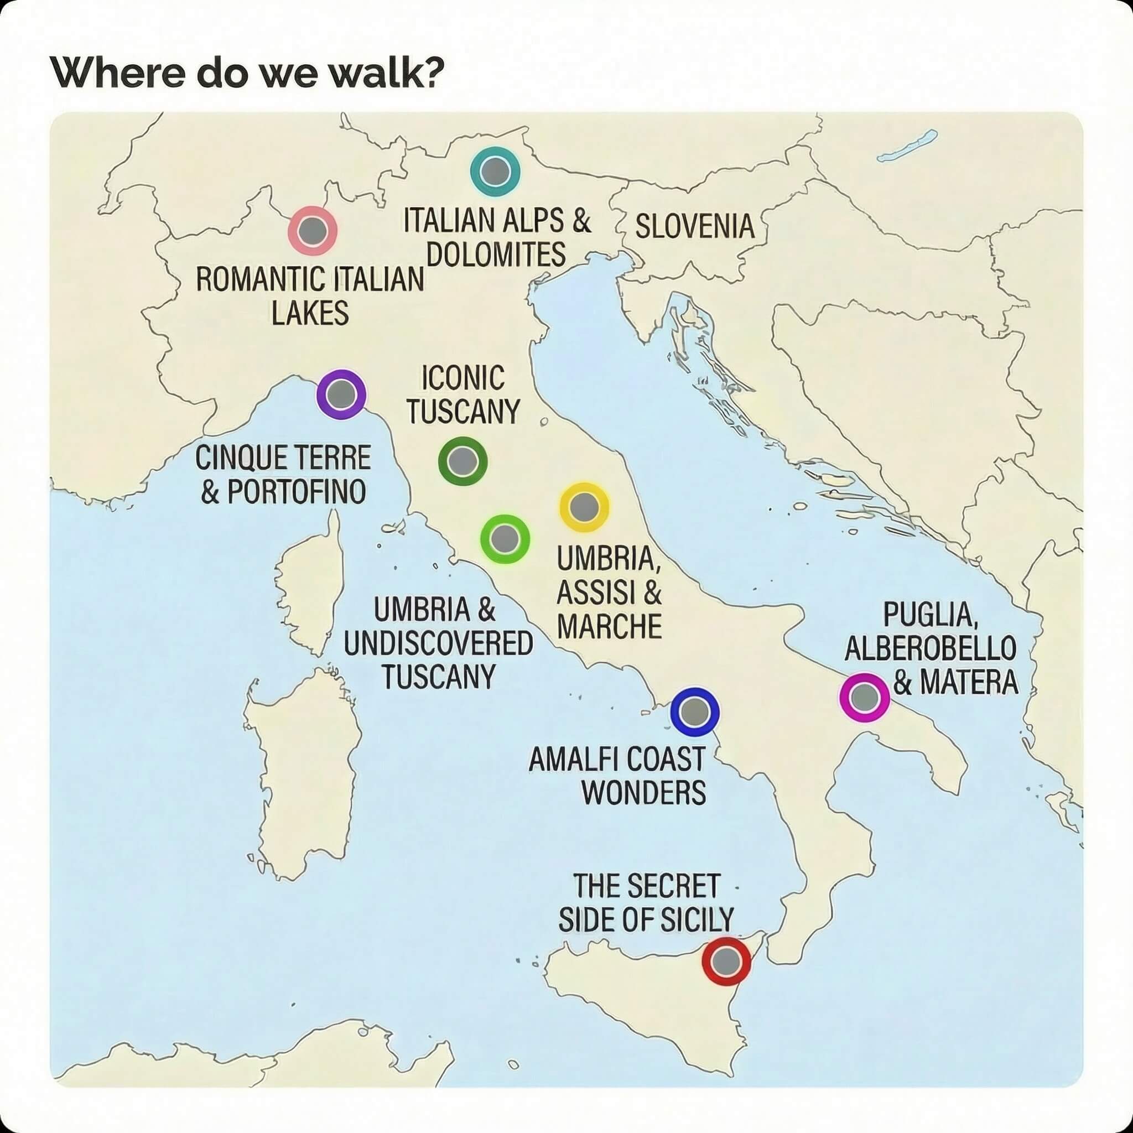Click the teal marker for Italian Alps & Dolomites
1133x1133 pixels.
coord(495,171)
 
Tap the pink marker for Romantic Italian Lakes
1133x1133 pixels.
coord(313,231)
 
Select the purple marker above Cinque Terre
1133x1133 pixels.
coord(341,394)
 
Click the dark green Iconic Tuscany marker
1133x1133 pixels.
coord(462,461)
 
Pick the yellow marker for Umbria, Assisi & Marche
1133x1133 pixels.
coord(584,507)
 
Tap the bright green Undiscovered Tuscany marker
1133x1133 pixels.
coord(505,538)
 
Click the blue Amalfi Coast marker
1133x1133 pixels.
coord(694,711)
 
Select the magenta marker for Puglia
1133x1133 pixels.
coord(865,697)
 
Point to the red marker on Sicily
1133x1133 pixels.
coord(726,960)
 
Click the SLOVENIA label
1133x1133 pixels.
coord(694,227)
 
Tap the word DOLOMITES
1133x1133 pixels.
coord(496,254)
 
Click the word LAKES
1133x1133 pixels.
coord(310,312)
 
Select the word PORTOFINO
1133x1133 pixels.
coord(296,491)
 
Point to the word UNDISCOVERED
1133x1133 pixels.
coord(438,643)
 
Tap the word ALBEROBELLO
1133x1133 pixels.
coord(930,648)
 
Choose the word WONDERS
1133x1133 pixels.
coord(643,793)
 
